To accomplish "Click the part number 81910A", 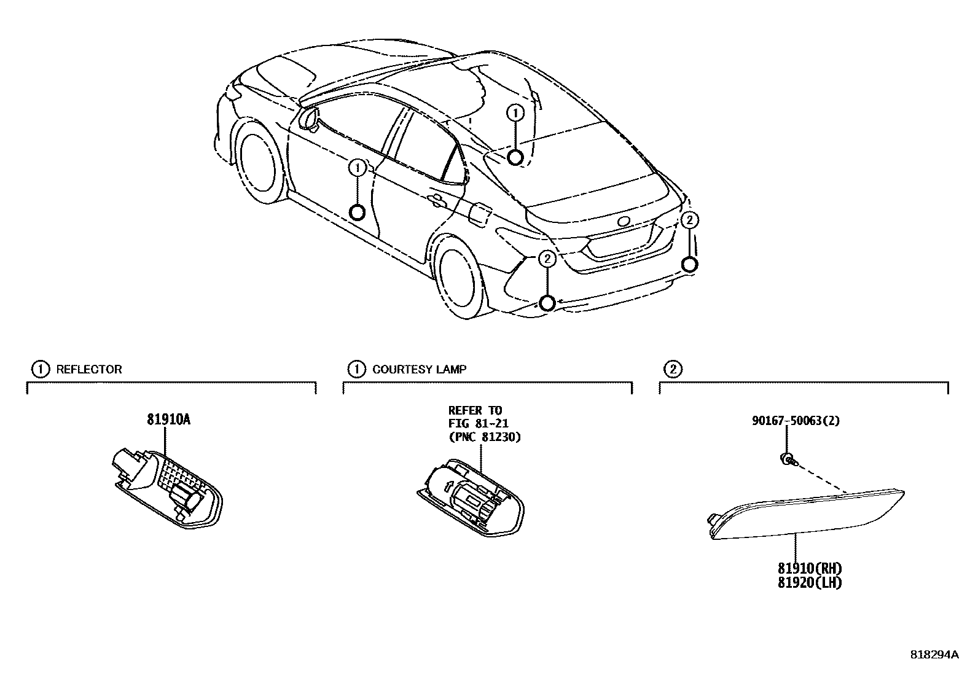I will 168,420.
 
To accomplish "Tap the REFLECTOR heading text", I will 89,369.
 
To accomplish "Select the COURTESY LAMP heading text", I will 419,369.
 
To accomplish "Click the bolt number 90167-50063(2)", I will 796,421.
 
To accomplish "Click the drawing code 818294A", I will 934,655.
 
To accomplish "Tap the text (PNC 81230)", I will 484,437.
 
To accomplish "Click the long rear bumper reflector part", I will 808,513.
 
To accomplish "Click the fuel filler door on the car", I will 479,213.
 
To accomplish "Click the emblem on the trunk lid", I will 624,222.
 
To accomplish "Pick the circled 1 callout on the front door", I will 357,167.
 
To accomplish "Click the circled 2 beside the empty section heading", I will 673,369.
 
